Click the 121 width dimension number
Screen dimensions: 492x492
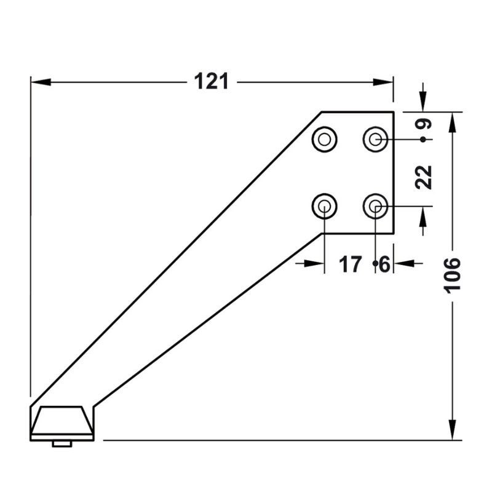(211, 82)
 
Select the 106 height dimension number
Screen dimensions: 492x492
(452, 276)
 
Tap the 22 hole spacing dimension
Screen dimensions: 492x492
(423, 177)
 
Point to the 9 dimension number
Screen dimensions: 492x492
(423, 124)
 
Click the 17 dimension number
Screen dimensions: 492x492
(350, 264)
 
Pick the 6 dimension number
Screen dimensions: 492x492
(384, 264)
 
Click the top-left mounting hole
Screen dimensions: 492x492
(325, 140)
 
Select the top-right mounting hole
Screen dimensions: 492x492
(376, 140)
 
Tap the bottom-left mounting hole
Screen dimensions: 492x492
(325, 206)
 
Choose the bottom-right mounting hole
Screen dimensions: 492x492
(376, 206)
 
